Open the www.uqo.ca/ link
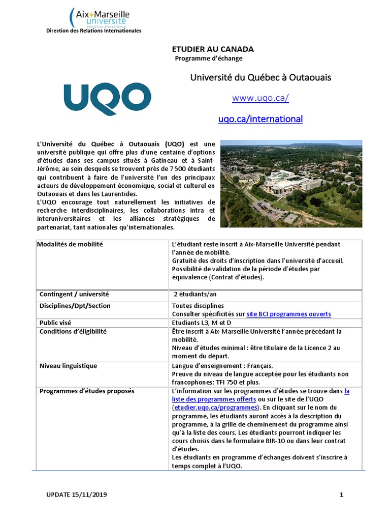pos(261,98)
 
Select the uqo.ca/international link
pos(261,119)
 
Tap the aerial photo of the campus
pos(291,183)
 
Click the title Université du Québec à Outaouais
pos(261,77)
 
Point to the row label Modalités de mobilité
pos(70,245)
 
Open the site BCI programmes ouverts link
pos(288,314)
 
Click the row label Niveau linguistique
pos(68,366)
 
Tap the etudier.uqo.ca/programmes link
pos(214,408)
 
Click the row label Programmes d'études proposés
pos(87,391)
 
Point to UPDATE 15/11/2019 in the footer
pos(77,494)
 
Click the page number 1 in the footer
pos(342,494)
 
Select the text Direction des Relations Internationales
pos(94,31)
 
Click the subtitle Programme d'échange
pos(209,59)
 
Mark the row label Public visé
pos(56,323)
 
